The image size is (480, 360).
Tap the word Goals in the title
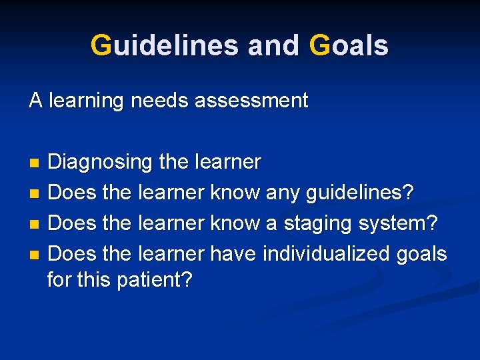tap(349, 46)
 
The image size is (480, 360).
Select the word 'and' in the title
tap(275, 46)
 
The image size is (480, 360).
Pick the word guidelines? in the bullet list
tap(359, 193)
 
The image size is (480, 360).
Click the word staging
tap(319, 224)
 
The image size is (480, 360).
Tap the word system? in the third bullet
tap(399, 224)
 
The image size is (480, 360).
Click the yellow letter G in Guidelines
tap(101, 46)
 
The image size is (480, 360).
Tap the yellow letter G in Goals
tap(319, 46)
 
